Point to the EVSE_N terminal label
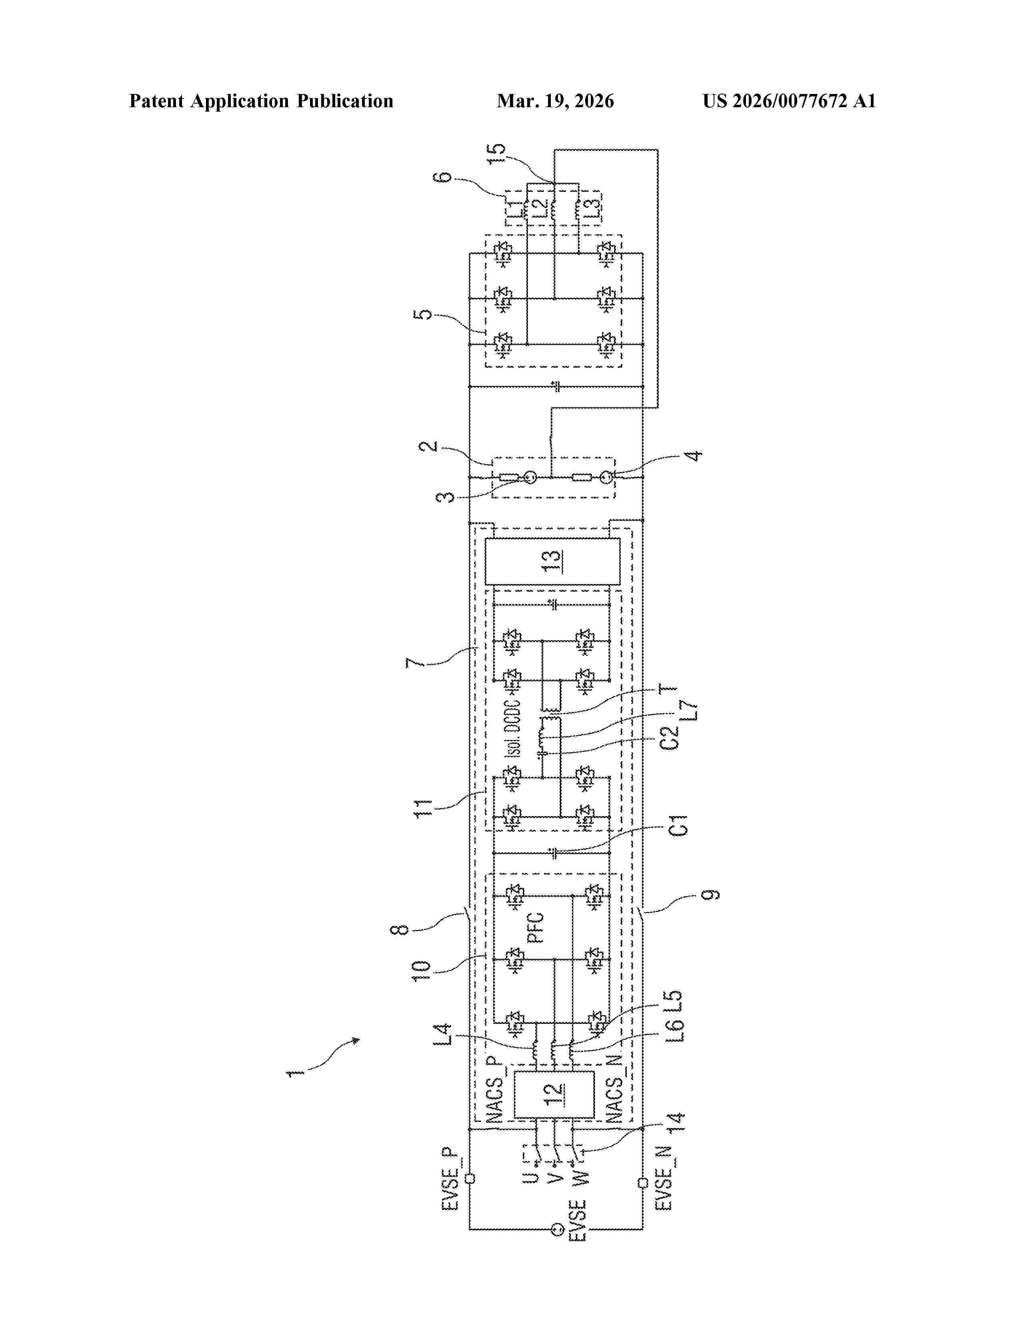pos(664,1178)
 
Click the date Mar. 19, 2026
pos(555,101)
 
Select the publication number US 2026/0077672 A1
pos(788,101)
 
